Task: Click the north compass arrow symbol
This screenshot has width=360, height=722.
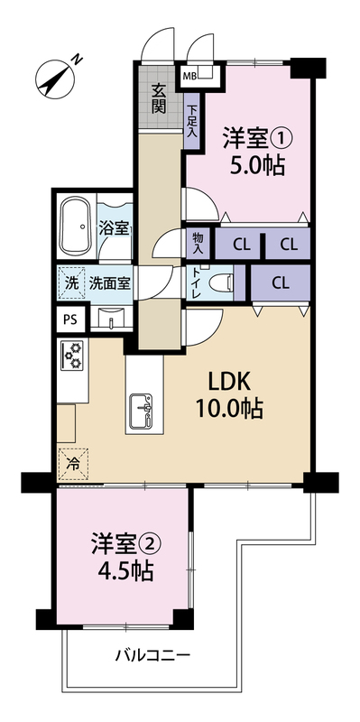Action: pos(55,79)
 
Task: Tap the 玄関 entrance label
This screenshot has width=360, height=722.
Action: pos(159,99)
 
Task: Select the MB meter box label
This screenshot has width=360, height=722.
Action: pos(189,76)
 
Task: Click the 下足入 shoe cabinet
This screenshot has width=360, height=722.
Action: pos(191,121)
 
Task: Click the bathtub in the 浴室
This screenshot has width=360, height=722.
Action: pos(76,227)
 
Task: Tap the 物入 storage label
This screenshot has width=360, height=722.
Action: pos(198,243)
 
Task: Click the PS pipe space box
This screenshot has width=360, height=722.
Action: pos(71,319)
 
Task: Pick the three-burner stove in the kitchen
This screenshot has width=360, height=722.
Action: pos(73,355)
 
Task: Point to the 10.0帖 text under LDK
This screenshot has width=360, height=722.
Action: pos(229,408)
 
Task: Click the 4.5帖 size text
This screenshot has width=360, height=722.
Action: pos(126,571)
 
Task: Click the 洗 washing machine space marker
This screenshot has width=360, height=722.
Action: pos(71,282)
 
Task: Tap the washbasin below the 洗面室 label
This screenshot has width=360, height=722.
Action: pos(111,318)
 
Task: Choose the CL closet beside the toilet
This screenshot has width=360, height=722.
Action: pos(281,283)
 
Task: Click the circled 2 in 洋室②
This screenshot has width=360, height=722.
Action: pos(152,546)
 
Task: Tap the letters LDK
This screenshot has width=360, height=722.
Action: pos(229,382)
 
